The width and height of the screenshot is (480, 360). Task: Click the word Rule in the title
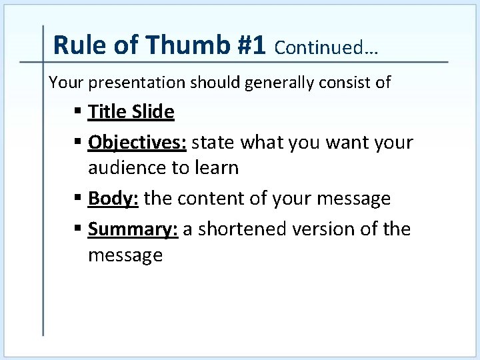pyautogui.click(x=75, y=45)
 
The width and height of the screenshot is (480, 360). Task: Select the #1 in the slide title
pyautogui.click(x=251, y=45)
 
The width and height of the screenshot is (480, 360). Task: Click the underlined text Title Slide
pyautogui.click(x=131, y=111)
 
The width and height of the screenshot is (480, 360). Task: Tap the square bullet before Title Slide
pyautogui.click(x=79, y=112)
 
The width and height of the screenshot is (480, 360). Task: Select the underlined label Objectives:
pyautogui.click(x=137, y=143)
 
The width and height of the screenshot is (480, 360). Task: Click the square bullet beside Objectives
pyautogui.click(x=79, y=143)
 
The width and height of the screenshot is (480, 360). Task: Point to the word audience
pyautogui.click(x=127, y=168)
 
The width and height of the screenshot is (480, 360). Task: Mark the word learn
pyautogui.click(x=217, y=167)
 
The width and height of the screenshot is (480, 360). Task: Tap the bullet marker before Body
pyautogui.click(x=79, y=199)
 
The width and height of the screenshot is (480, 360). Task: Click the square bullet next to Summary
pyautogui.click(x=79, y=229)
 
